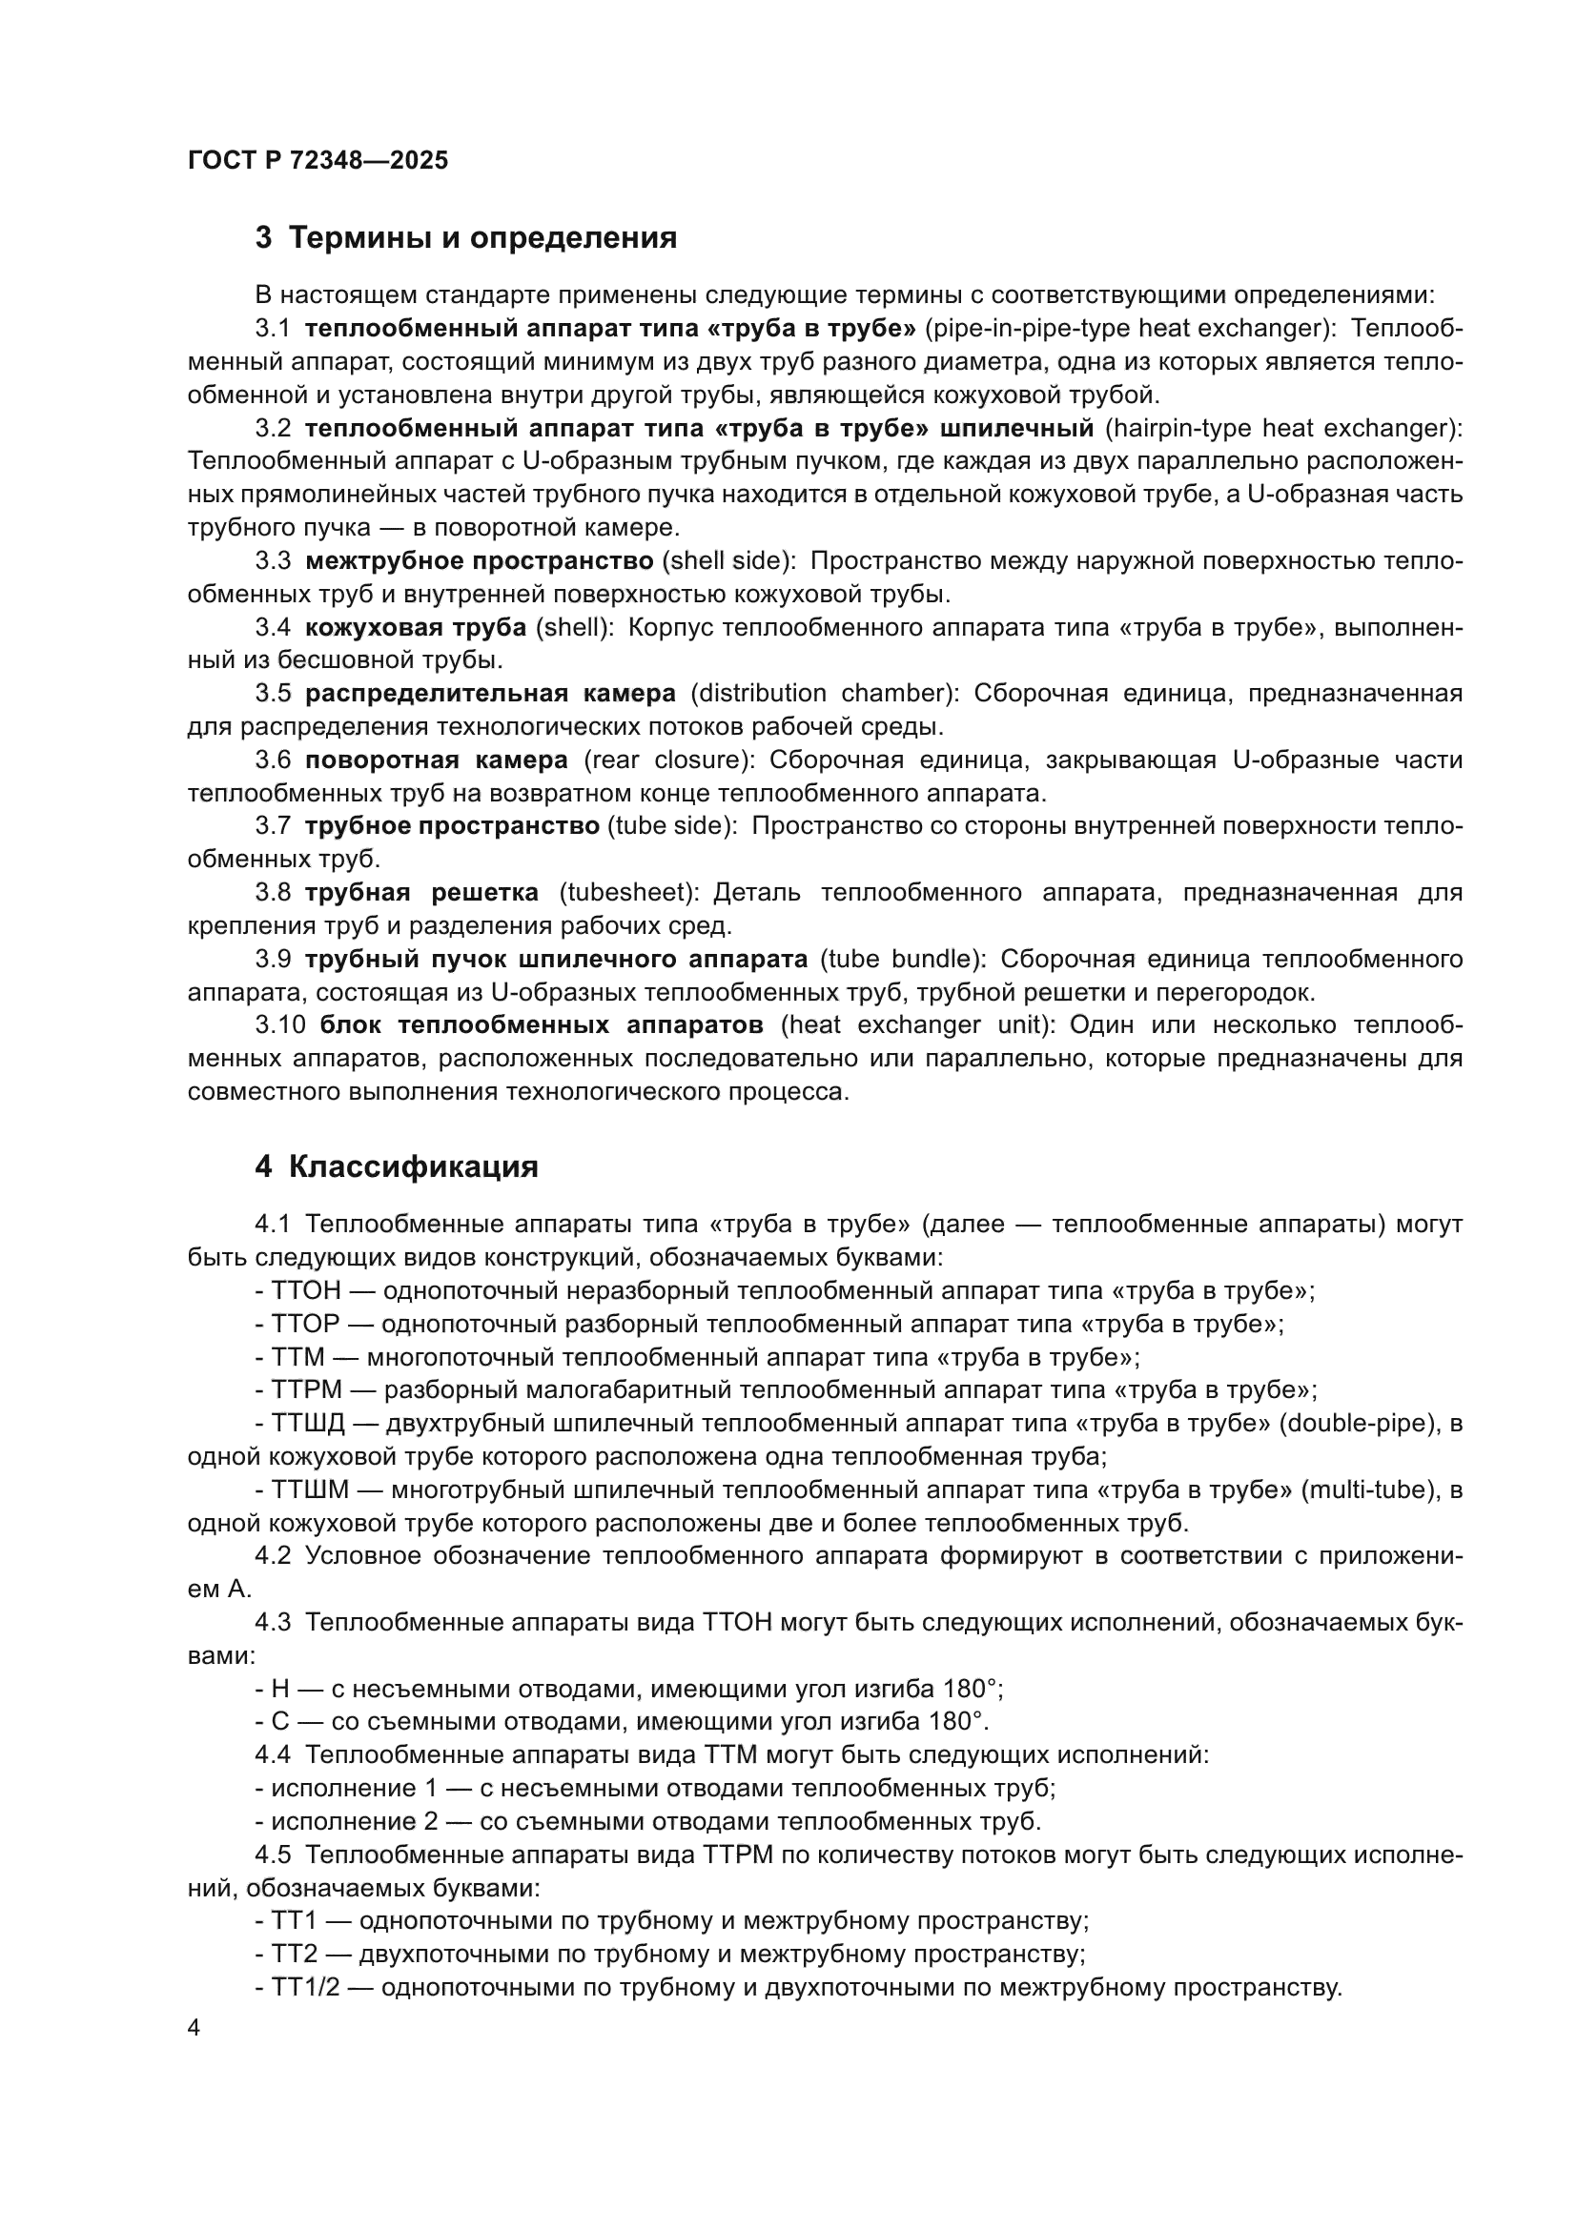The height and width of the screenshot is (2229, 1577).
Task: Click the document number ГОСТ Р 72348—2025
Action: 317,161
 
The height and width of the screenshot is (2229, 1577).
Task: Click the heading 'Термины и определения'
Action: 482,238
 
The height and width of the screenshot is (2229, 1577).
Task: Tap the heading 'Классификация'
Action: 413,1165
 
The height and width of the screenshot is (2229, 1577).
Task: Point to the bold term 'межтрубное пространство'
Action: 479,561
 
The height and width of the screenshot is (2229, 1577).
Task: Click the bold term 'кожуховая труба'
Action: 416,627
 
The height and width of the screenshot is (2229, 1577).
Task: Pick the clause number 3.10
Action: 280,1025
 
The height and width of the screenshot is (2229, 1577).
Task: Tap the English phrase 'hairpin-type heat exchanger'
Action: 1279,428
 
